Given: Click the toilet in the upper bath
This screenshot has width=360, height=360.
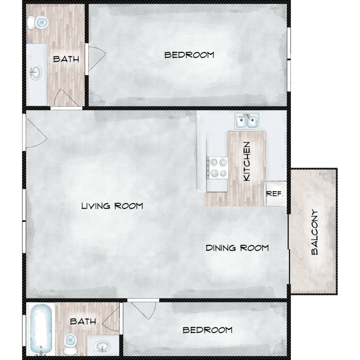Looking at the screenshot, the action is [x=38, y=23].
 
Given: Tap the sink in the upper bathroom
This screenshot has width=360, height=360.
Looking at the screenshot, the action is [x=36, y=72].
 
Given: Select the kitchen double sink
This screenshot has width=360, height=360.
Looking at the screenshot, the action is [x=247, y=121].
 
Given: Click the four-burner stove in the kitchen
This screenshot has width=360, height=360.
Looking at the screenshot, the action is [x=217, y=168].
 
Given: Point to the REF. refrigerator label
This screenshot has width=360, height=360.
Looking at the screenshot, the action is [x=275, y=194].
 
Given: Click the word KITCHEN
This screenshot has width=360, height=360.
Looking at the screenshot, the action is [x=246, y=161].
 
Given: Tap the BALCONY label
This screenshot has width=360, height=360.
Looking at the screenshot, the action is [x=314, y=232].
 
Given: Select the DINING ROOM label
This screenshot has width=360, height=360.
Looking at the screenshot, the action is [x=237, y=248].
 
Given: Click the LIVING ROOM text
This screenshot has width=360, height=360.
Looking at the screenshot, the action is [x=112, y=206].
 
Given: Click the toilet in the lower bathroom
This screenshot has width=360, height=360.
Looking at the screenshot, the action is [x=71, y=344].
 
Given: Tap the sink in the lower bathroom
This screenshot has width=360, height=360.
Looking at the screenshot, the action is [x=103, y=346].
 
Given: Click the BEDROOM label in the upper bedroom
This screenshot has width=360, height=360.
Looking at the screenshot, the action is [x=189, y=55].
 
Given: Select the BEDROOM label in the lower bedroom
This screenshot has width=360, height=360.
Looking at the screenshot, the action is [x=207, y=330].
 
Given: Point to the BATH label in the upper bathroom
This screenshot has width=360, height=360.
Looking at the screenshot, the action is [x=66, y=59].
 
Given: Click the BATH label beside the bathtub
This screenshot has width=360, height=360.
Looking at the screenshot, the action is [x=83, y=321].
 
